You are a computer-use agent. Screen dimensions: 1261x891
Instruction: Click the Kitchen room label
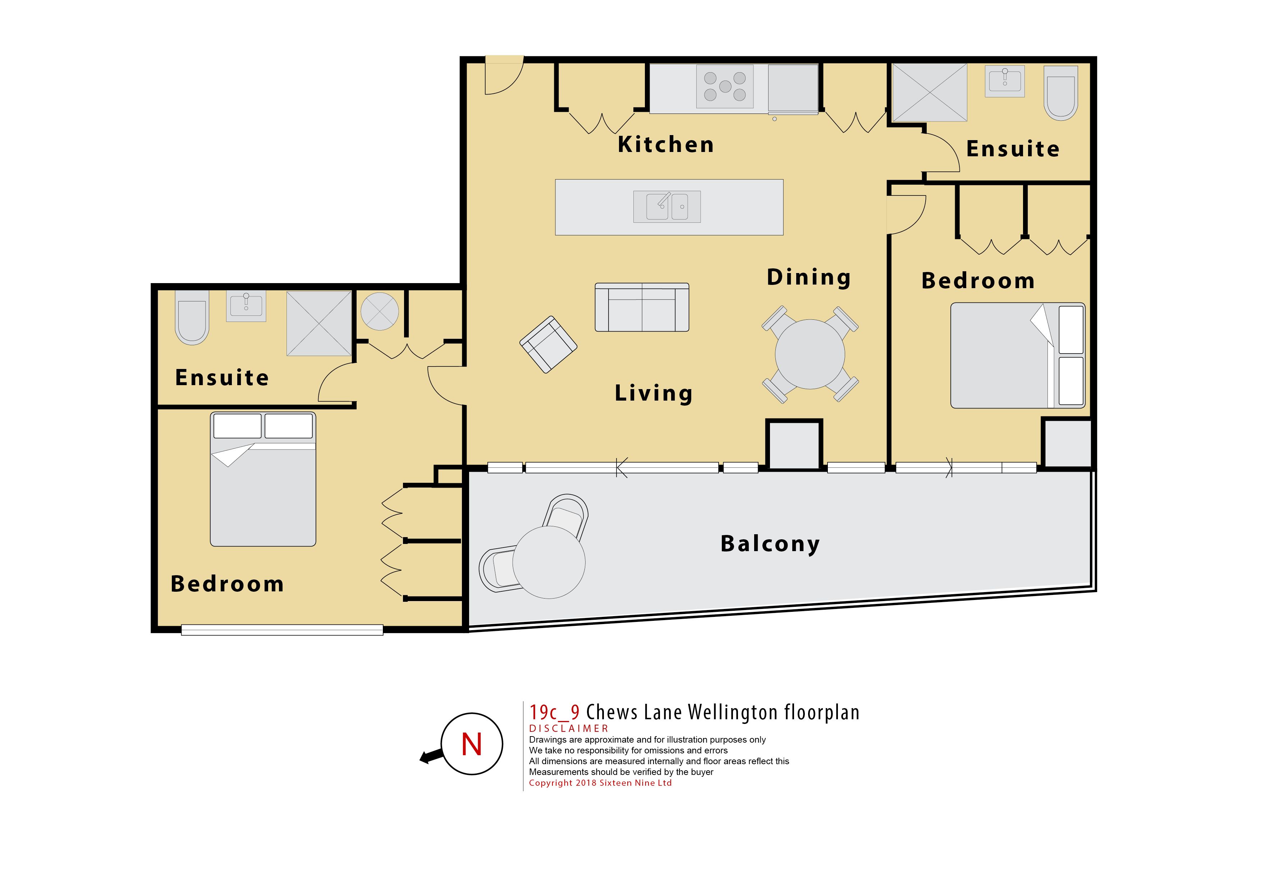[666, 144]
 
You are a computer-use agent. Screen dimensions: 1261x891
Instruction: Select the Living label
[654, 393]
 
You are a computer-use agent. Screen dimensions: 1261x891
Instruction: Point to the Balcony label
[770, 544]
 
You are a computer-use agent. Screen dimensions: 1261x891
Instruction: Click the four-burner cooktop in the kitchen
[725, 86]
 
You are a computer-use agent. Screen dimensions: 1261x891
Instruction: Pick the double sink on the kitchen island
[667, 207]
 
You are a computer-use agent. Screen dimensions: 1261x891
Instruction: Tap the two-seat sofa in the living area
[642, 308]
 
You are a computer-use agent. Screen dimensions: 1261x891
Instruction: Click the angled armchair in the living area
[548, 345]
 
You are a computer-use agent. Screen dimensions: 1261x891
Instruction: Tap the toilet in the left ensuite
[192, 317]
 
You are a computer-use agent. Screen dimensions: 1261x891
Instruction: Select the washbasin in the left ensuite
[246, 306]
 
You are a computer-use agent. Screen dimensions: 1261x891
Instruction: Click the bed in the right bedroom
[1018, 356]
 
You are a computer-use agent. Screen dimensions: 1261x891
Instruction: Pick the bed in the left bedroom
[263, 479]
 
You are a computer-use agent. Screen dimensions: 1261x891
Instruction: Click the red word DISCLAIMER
[568, 729]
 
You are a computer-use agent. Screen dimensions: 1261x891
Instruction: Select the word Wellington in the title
[733, 712]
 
